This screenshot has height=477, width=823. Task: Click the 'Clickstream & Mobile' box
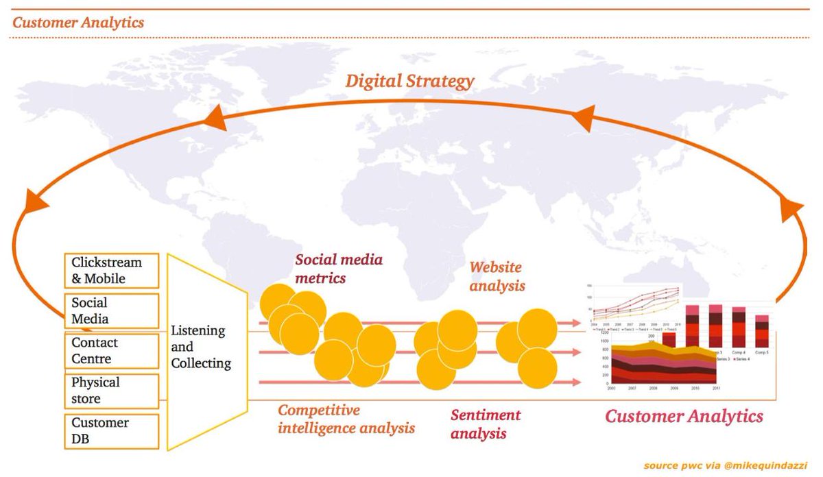point(112,271)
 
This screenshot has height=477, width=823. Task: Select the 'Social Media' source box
point(112,310)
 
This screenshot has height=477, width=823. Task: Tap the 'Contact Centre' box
point(112,350)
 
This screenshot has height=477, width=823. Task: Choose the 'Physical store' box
point(112,390)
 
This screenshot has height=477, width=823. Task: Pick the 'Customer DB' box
point(112,431)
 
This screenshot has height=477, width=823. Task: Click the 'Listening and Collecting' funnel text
point(201,347)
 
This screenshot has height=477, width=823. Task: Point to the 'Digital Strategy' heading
point(409,82)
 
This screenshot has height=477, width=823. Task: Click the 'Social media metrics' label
point(338,269)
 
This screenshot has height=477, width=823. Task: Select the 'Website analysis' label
point(497,276)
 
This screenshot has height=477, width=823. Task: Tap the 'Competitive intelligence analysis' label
point(346,419)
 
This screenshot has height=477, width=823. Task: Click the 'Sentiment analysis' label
point(485,424)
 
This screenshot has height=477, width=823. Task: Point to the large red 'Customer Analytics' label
point(684,416)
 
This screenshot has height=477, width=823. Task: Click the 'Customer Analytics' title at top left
point(78,23)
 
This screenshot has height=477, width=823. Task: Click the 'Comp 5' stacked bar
point(762,331)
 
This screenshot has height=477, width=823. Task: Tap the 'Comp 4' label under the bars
point(739,352)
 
